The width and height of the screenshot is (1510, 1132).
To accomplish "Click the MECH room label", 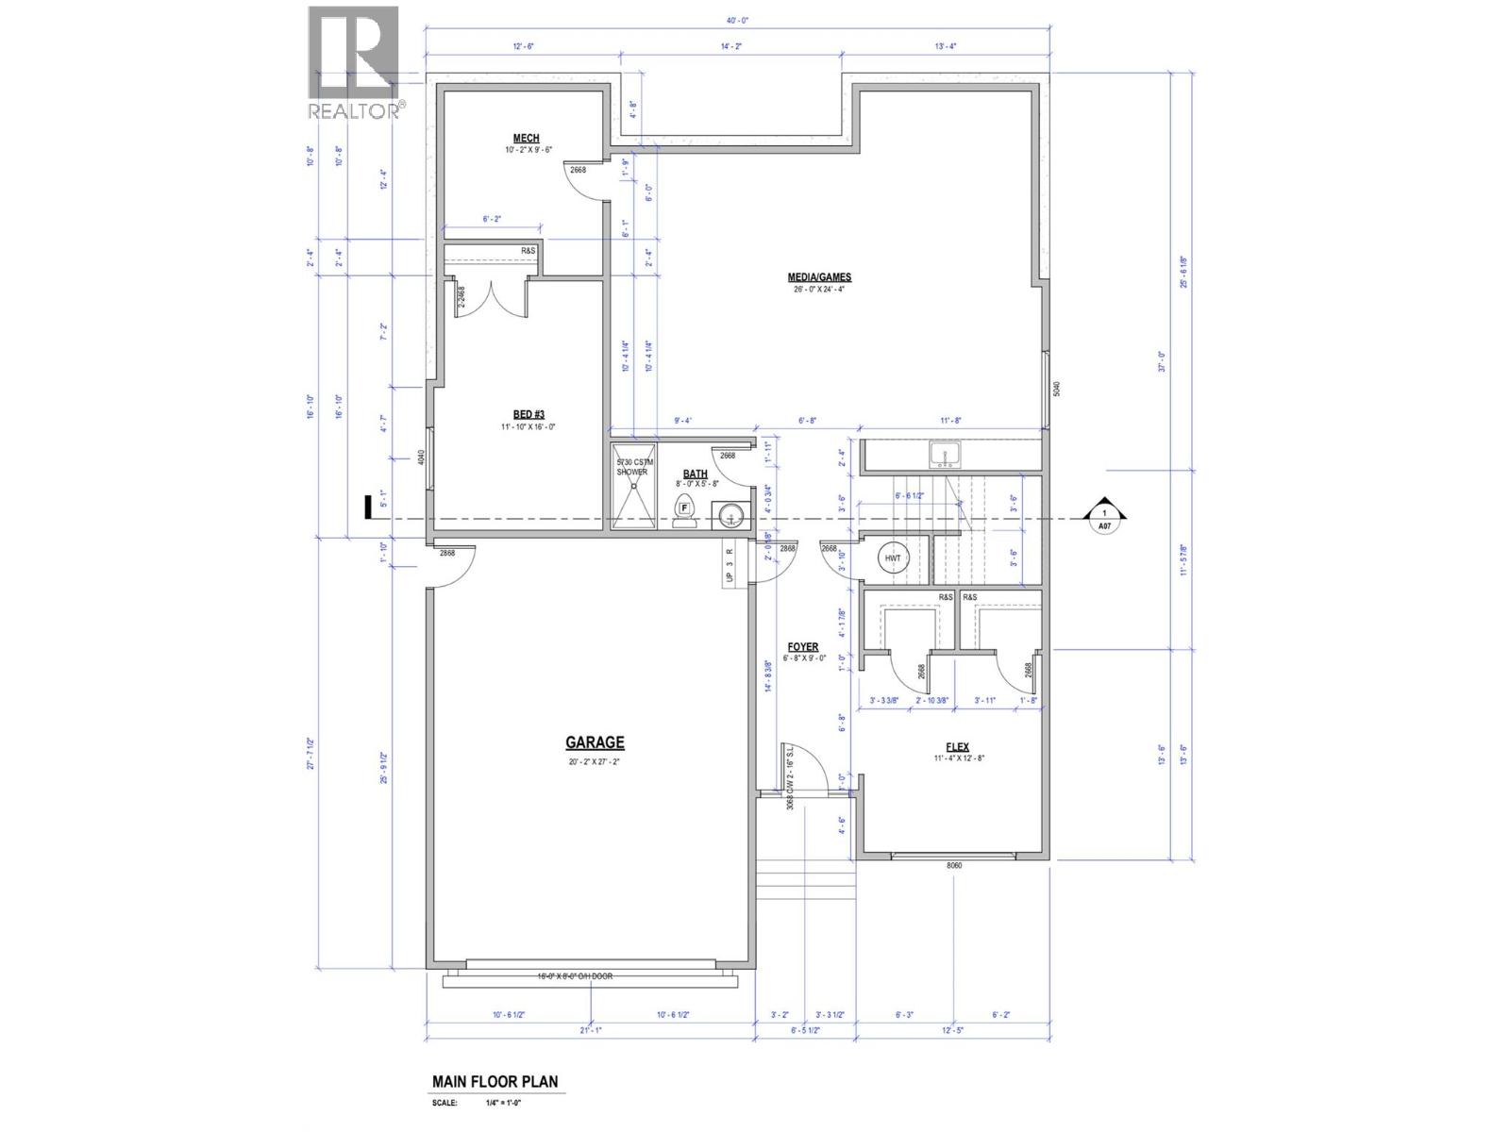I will [x=526, y=139].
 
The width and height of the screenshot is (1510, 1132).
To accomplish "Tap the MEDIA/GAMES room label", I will [x=819, y=277].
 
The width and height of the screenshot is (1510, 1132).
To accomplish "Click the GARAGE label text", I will [x=595, y=743].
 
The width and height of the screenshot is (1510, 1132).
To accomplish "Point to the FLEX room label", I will [x=957, y=747].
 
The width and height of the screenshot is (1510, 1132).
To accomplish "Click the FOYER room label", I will [x=802, y=647].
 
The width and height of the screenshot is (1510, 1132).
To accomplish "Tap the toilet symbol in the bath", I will [x=685, y=509].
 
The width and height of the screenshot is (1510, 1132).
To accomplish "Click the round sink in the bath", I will [x=730, y=516].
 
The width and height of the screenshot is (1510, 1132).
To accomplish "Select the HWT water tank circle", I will [x=892, y=558].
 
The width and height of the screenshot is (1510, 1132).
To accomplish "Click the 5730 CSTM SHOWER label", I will [x=631, y=467].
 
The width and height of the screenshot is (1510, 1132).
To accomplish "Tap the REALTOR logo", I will [x=354, y=64].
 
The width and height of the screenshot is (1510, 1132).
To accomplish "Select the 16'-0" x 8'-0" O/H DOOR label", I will [x=575, y=976].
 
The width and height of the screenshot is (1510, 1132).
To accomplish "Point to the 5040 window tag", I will [x=1057, y=389].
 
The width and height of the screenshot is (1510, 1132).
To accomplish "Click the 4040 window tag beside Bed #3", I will [x=421, y=459].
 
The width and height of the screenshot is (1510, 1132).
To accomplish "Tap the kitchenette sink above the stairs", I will [x=943, y=456].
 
